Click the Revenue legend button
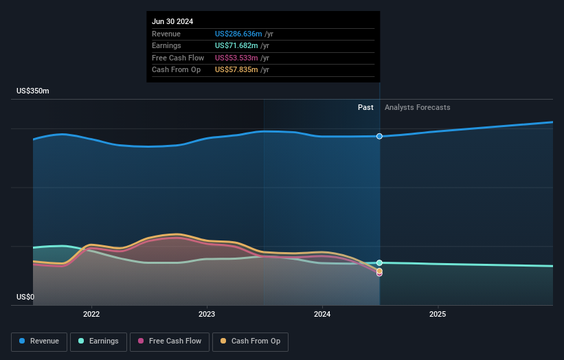pyautogui.click(x=40, y=341)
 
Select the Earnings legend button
pyautogui.click(x=98, y=341)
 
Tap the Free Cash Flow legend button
pyautogui.click(x=169, y=341)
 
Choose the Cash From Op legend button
pyautogui.click(x=250, y=341)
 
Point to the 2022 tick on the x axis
pyautogui.click(x=91, y=314)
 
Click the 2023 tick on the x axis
pyautogui.click(x=207, y=314)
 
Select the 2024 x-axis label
pyautogui.click(x=322, y=314)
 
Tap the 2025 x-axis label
pyautogui.click(x=438, y=314)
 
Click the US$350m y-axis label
pyautogui.click(x=33, y=91)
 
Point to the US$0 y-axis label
pyautogui.click(x=25, y=297)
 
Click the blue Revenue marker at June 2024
pyautogui.click(x=379, y=136)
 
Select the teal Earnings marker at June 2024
pyautogui.click(x=379, y=262)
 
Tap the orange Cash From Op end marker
pyautogui.click(x=379, y=271)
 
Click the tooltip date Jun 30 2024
pyautogui.click(x=172, y=21)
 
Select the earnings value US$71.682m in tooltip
pyautogui.click(x=235, y=45)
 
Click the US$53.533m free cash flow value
pyautogui.click(x=235, y=58)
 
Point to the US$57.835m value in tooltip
pyautogui.click(x=235, y=69)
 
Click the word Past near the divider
pyautogui.click(x=365, y=107)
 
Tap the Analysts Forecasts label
pyautogui.click(x=418, y=107)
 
